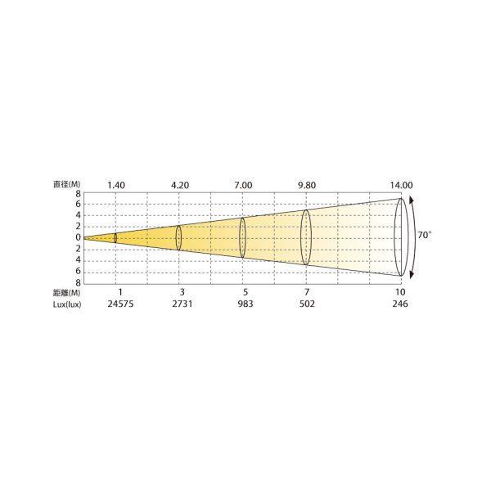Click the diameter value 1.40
(116, 186)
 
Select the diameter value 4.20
(180, 186)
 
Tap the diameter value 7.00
(243, 186)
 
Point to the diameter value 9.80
(307, 186)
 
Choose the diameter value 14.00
(401, 186)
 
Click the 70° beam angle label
(424, 235)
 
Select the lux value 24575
(120, 304)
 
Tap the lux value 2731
(182, 304)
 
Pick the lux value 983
(245, 304)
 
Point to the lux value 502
(307, 304)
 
